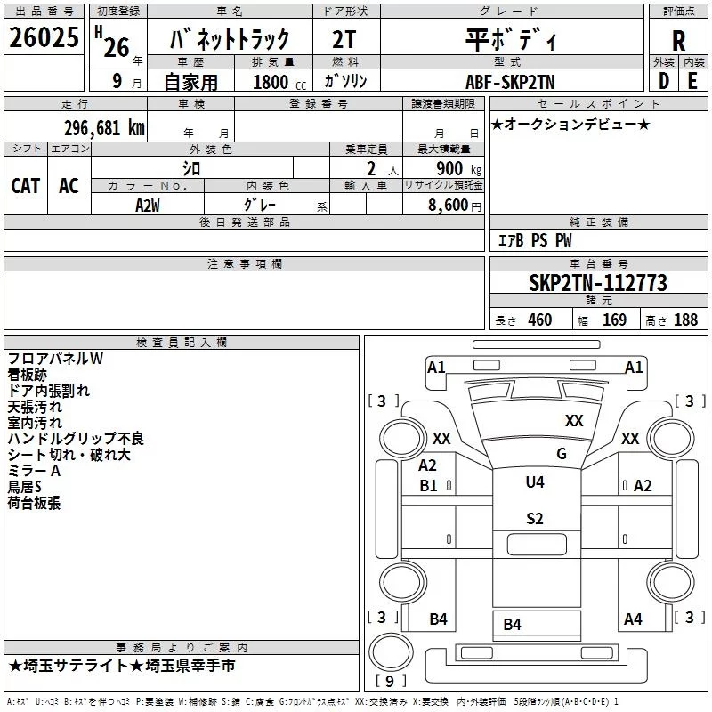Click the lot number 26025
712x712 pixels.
pyautogui.click(x=44, y=38)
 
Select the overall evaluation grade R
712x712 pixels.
pyautogui.click(x=678, y=40)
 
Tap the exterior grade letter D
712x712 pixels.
pyautogui.click(x=663, y=79)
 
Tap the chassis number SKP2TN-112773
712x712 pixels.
pyautogui.click(x=597, y=283)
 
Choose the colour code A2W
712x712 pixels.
pyautogui.click(x=148, y=204)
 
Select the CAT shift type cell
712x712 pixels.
pyautogui.click(x=25, y=185)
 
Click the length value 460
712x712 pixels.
pyautogui.click(x=539, y=320)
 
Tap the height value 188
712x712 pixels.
pyautogui.click(x=685, y=320)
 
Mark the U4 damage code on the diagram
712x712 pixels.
pyautogui.click(x=534, y=481)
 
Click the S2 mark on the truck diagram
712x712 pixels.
pyautogui.click(x=534, y=519)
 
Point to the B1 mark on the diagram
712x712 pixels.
pyautogui.click(x=428, y=485)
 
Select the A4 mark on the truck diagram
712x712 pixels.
pyautogui.click(x=633, y=619)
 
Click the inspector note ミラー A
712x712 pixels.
pyautogui.click(x=34, y=471)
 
